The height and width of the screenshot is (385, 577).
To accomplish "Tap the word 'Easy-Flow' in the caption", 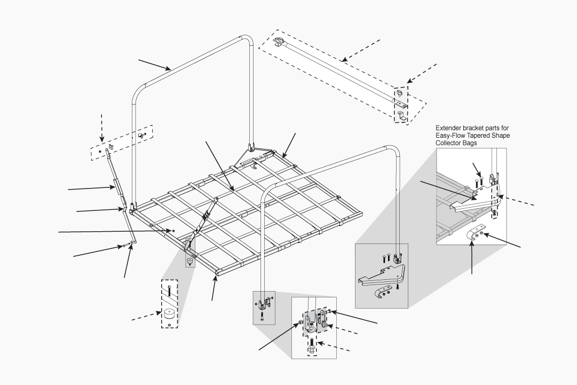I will pyautogui.click(x=451, y=136).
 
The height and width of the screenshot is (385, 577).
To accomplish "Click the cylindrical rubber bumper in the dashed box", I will pyautogui.click(x=169, y=313).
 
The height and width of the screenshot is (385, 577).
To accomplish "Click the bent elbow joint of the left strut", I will pyautogui.click(x=125, y=209).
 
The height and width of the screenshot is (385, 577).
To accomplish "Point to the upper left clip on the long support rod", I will pyautogui.click(x=279, y=42).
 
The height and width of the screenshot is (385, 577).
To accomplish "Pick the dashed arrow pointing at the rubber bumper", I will pyautogui.click(x=145, y=316).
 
